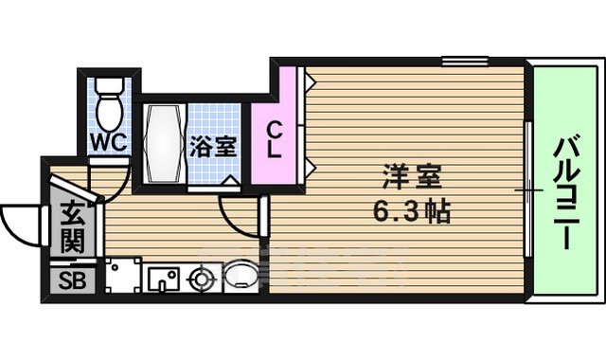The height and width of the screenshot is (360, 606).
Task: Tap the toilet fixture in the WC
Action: [x=110, y=106]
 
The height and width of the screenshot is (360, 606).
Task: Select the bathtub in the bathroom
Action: [x=162, y=144]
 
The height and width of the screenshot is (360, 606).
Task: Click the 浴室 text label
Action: [x=213, y=148]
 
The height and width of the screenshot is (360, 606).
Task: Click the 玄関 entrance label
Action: [x=72, y=227]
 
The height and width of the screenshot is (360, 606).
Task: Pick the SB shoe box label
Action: [x=72, y=280]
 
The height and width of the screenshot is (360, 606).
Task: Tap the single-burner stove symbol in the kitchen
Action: [x=201, y=279]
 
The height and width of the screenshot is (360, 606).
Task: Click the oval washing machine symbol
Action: [x=237, y=279]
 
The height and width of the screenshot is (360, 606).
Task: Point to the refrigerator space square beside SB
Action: [x=122, y=277]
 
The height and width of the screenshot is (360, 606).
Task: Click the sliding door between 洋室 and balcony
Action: [x=526, y=189]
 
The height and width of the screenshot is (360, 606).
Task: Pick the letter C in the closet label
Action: [x=273, y=129]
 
